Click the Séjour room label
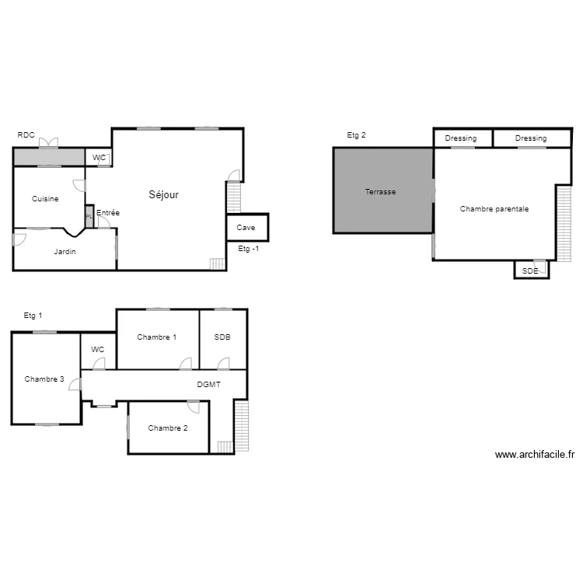click(163, 195)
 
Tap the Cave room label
click(246, 228)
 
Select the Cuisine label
click(45, 199)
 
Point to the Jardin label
click(65, 252)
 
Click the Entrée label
click(108, 212)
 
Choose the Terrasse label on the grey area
click(381, 191)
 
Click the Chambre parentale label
click(494, 209)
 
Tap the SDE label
click(530, 271)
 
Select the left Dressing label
click(461, 138)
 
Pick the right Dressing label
click(531, 138)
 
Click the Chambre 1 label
click(156, 337)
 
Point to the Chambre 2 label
click(167, 428)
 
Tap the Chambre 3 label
click(44, 379)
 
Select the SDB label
click(222, 337)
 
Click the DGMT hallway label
click(208, 385)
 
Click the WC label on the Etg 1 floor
click(97, 350)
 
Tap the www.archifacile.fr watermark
click(534, 456)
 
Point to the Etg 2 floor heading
click(357, 135)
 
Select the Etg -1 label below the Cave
click(249, 249)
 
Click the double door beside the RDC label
click(48, 143)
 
